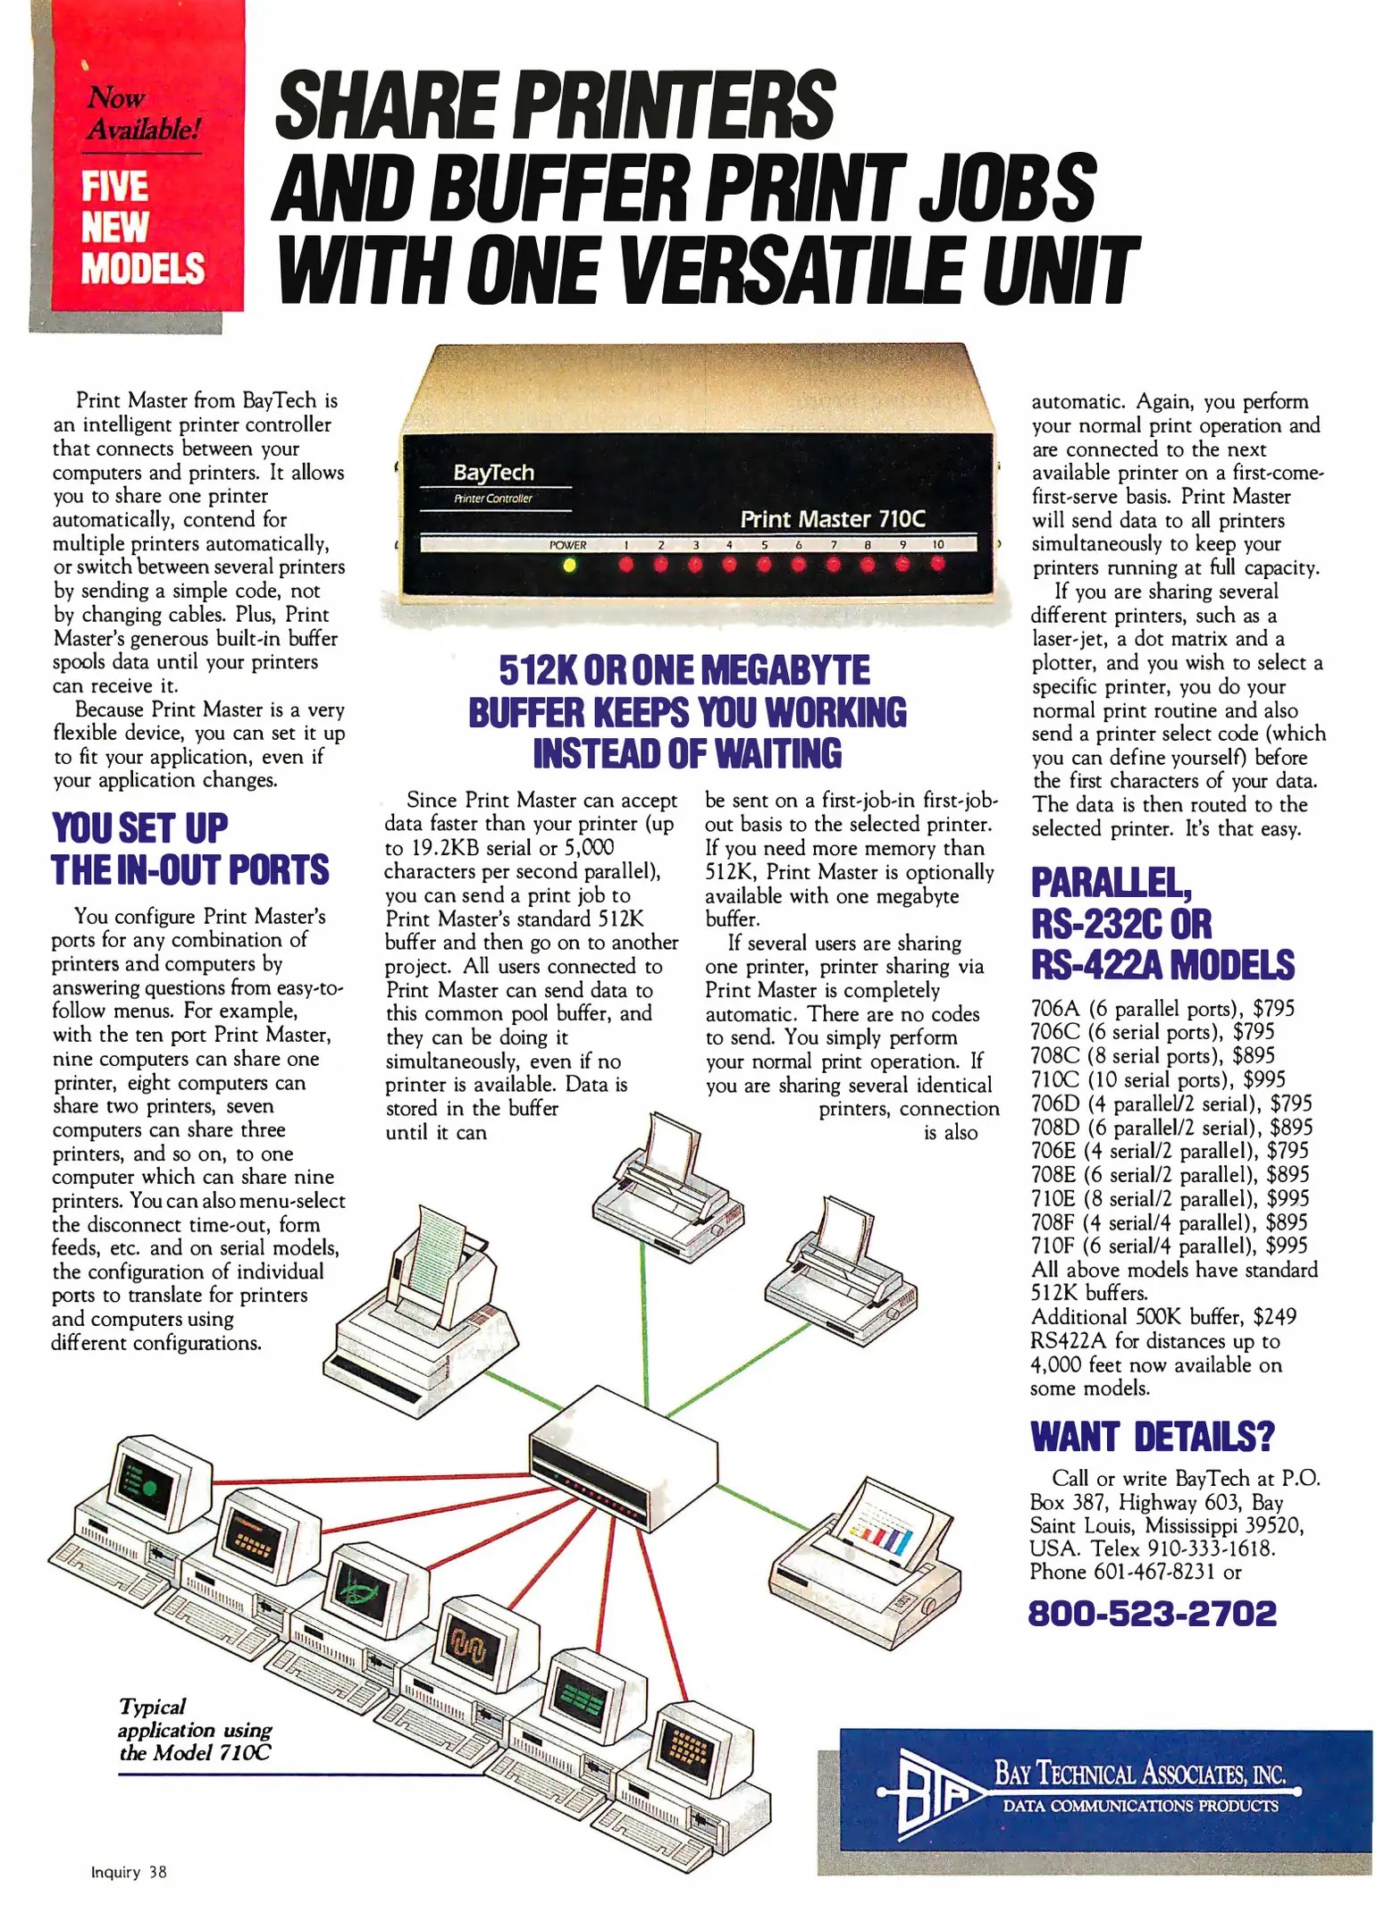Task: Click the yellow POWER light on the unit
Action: [569, 565]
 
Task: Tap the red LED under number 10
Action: [937, 563]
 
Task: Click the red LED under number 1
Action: [625, 564]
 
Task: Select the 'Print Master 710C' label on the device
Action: [833, 518]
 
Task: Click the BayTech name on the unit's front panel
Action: [493, 473]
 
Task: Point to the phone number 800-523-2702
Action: [1153, 1613]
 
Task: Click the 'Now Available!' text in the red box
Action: [143, 113]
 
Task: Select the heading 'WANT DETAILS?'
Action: [1153, 1437]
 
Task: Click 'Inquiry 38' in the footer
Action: [129, 1872]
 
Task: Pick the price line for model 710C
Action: [1158, 1079]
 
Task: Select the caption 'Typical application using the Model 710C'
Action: [196, 1730]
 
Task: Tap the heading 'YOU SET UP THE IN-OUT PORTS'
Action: [189, 849]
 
